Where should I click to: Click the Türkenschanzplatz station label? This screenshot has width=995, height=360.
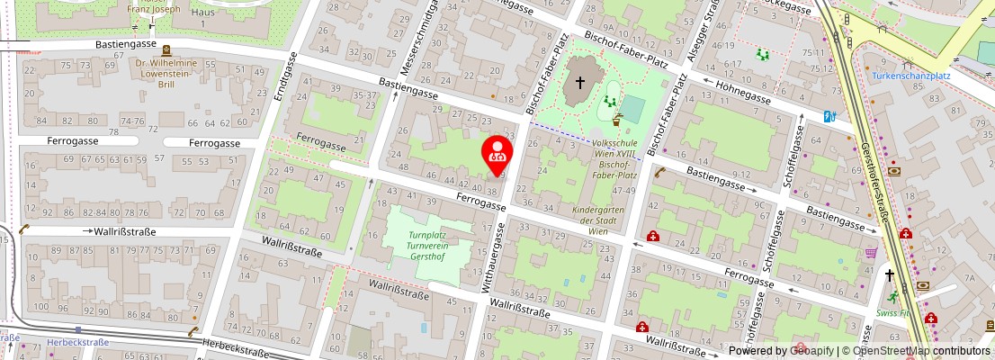click(x=911, y=76)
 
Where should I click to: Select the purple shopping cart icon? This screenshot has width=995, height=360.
click(x=870, y=252)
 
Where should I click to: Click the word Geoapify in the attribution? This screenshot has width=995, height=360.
click(x=811, y=351)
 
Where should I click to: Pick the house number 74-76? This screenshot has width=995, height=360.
click(x=132, y=121)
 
